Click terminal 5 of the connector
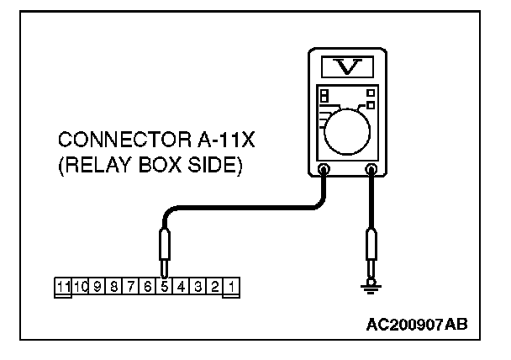pyautogui.click(x=166, y=287)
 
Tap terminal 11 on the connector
pyautogui.click(x=63, y=287)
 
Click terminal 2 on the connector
pyautogui.click(x=215, y=287)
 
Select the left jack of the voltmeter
pyautogui.click(x=324, y=171)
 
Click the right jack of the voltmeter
pyautogui.click(x=371, y=171)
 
